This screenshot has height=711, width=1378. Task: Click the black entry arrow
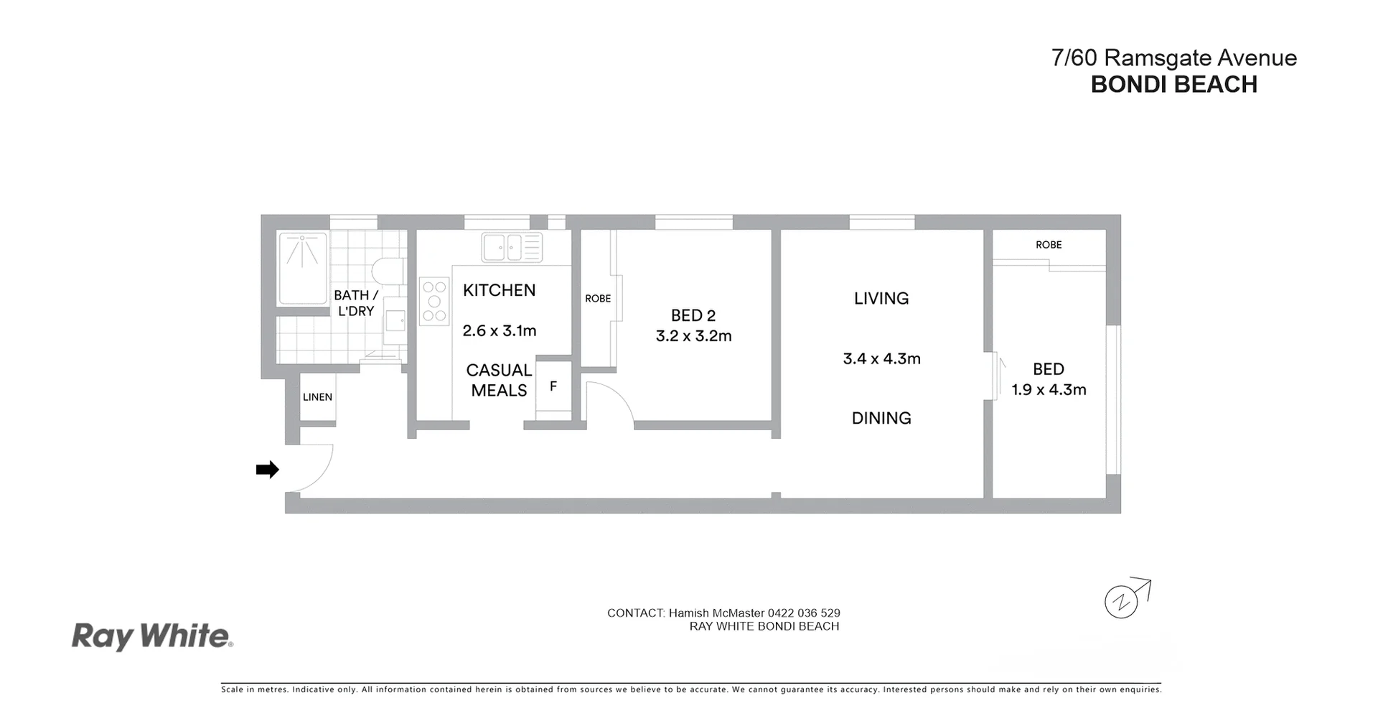pyautogui.click(x=268, y=470)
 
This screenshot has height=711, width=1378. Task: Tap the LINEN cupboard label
pyautogui.click(x=317, y=397)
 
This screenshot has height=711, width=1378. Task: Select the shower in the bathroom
pyautogui.click(x=303, y=267)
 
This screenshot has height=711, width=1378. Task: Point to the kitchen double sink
pyautogui.click(x=512, y=247)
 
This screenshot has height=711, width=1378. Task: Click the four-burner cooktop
pyautogui.click(x=434, y=301)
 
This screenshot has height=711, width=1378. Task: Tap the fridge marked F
pyautogui.click(x=553, y=387)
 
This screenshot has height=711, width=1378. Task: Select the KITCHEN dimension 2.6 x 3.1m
pyautogui.click(x=500, y=331)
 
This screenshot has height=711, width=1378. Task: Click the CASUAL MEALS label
pyautogui.click(x=499, y=381)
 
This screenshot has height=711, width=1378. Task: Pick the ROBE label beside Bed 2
pyautogui.click(x=598, y=299)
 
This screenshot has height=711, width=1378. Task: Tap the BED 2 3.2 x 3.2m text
pyautogui.click(x=693, y=326)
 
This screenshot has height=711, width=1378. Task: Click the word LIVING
pyautogui.click(x=881, y=299)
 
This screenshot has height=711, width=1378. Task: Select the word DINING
pyautogui.click(x=881, y=418)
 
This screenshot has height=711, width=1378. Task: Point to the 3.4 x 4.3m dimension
pyautogui.click(x=881, y=359)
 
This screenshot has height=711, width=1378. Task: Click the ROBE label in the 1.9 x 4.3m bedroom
pyautogui.click(x=1049, y=245)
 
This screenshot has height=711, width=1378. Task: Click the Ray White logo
pyautogui.click(x=152, y=637)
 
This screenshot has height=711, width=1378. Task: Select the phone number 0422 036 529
pyautogui.click(x=804, y=613)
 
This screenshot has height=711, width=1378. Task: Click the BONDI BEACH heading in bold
pyautogui.click(x=1174, y=85)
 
